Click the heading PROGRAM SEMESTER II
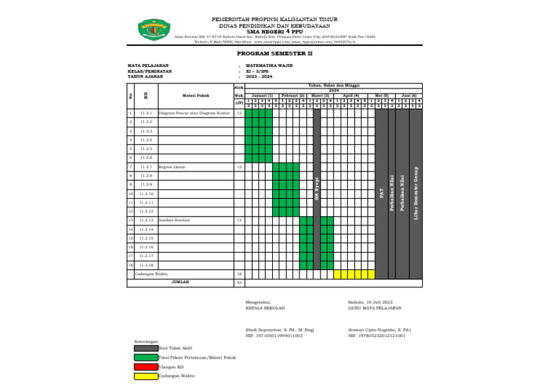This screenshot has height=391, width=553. click(x=275, y=53)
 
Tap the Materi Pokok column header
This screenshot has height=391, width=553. click(x=195, y=95)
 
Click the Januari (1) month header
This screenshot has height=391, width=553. click(x=262, y=95)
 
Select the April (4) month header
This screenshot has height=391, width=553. click(x=351, y=95)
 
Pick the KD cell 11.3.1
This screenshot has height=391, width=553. click(x=145, y=113)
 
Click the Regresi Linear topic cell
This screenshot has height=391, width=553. click(x=172, y=166)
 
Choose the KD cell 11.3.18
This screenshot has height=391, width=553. click(x=146, y=265)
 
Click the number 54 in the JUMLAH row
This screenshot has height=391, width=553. click(x=239, y=283)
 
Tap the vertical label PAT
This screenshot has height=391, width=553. click(x=382, y=193)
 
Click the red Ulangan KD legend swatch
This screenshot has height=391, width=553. click(x=145, y=367)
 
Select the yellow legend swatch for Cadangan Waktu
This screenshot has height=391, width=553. click(x=145, y=376)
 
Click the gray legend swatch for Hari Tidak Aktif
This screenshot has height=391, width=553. click(x=145, y=348)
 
